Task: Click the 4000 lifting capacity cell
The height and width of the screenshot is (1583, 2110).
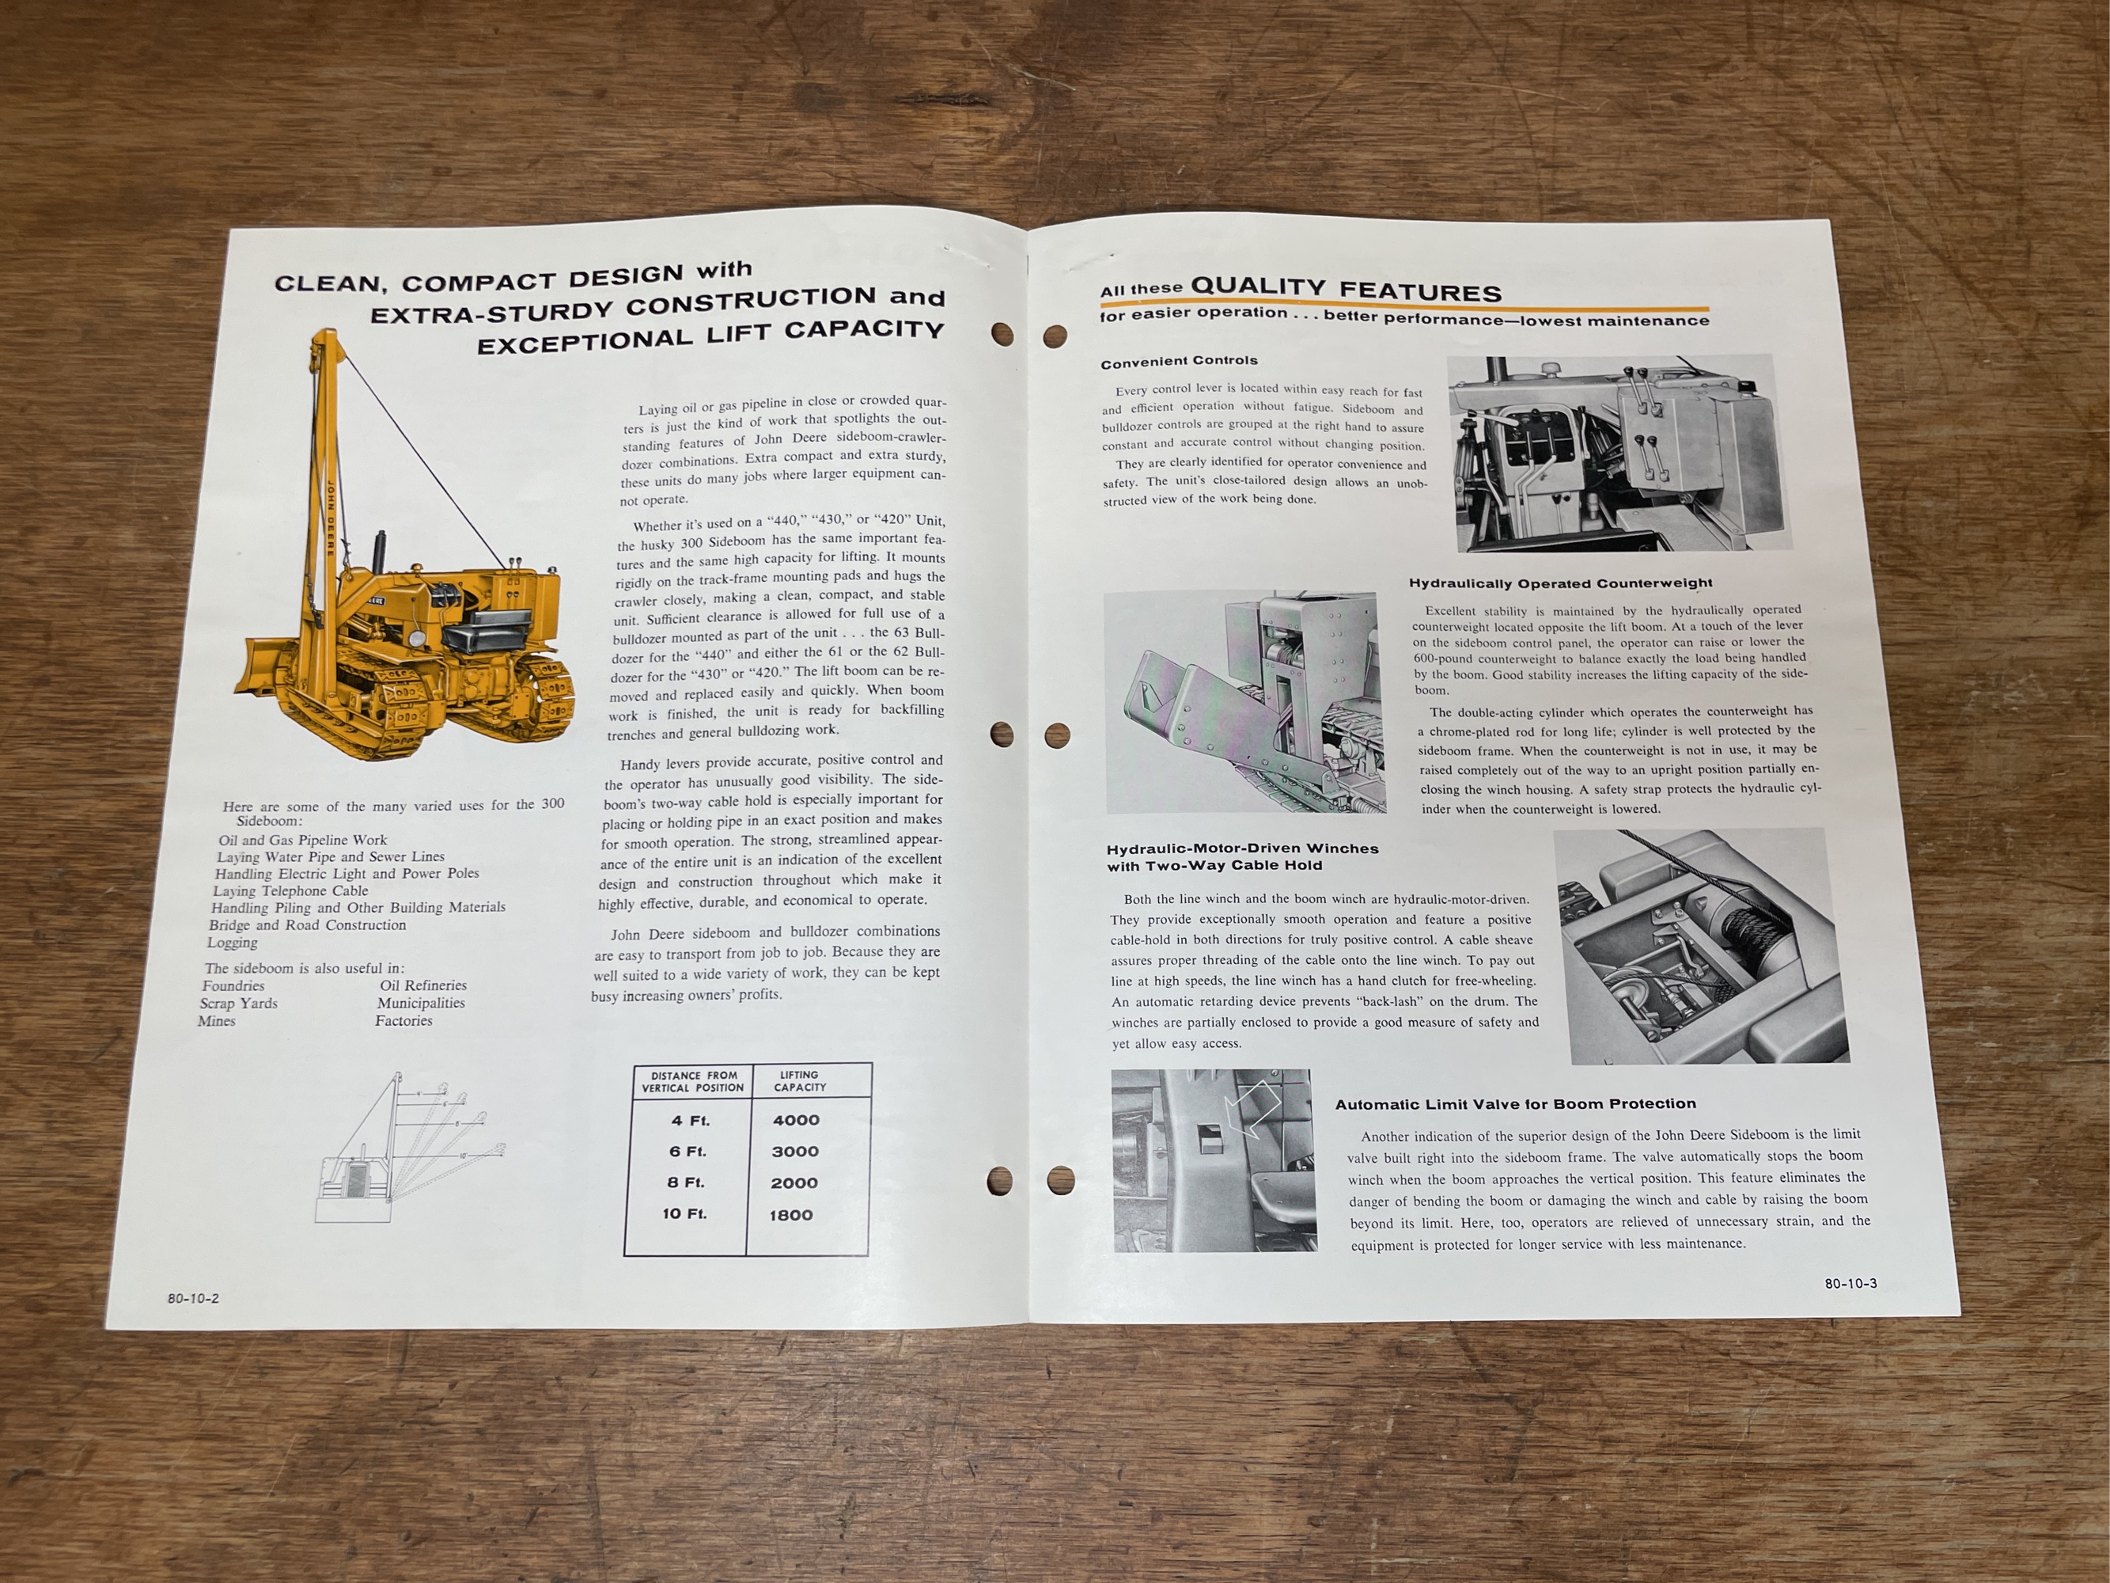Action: click(x=796, y=1120)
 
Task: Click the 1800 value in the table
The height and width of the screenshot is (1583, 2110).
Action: click(x=791, y=1215)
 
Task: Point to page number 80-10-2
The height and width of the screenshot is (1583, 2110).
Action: click(x=193, y=1298)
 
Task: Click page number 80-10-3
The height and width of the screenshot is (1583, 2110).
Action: click(x=1850, y=1283)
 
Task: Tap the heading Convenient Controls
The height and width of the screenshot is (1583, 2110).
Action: click(x=1179, y=361)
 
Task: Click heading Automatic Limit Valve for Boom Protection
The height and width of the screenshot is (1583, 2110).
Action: click(x=1515, y=1104)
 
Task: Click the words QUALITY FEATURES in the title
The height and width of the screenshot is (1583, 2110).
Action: click(x=1346, y=288)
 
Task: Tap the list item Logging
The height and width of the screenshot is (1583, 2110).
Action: click(x=232, y=943)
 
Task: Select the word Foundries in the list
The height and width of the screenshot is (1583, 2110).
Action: click(x=233, y=985)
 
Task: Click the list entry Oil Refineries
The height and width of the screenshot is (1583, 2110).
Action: click(x=422, y=985)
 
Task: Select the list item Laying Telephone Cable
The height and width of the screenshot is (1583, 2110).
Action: click(x=290, y=890)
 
